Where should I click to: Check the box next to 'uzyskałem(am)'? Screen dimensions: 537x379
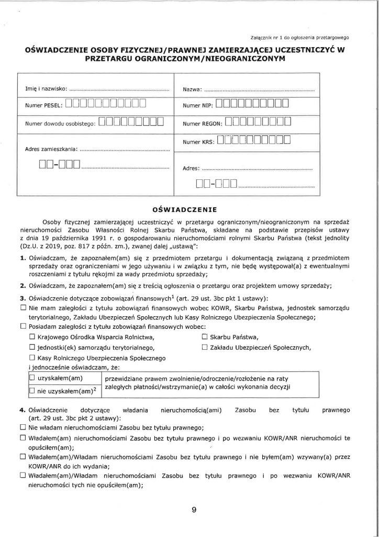click(32, 377)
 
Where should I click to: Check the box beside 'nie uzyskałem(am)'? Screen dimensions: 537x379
click(32, 391)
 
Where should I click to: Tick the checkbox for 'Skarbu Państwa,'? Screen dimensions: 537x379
click(204, 337)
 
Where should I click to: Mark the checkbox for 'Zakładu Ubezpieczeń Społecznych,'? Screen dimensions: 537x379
click(204, 347)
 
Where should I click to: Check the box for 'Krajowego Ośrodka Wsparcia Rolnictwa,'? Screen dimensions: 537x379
click(32, 337)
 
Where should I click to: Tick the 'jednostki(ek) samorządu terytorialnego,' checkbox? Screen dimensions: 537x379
click(32, 347)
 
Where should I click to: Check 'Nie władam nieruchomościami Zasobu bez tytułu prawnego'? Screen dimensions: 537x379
click(23, 427)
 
